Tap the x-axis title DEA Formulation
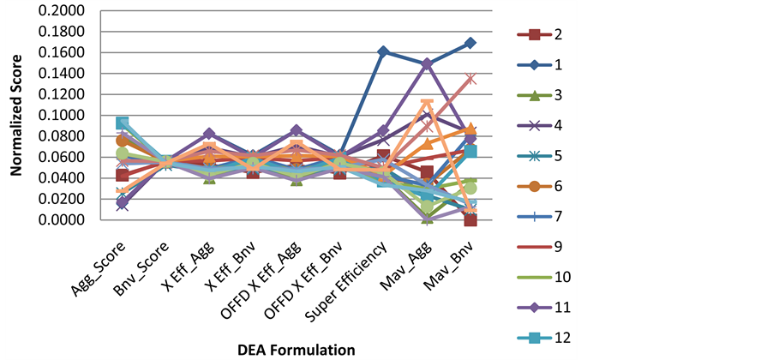click(x=295, y=349)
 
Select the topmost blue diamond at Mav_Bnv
click(x=470, y=43)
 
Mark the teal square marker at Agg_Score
click(x=123, y=123)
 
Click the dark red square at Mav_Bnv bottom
click(x=470, y=219)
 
